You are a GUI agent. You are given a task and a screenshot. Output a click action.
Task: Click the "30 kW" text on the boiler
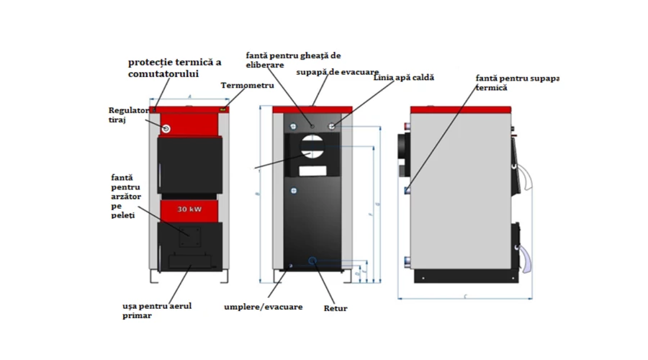tap(189, 209)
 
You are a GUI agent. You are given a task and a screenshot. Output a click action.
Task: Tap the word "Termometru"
tap(248, 86)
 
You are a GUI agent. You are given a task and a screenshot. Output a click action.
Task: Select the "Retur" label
tap(336, 308)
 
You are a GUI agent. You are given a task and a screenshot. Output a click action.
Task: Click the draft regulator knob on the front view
tap(166, 128)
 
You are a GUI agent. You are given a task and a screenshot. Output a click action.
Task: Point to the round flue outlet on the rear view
tap(312, 148)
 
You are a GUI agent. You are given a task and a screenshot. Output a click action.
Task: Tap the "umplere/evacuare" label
tap(263, 307)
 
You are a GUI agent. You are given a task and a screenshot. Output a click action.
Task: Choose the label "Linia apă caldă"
tap(404, 77)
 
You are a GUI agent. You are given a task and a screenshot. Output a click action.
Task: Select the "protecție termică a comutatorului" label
tap(174, 68)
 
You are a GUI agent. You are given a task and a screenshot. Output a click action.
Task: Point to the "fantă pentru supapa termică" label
tap(516, 82)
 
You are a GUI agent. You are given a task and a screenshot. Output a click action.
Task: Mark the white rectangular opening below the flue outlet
tap(312, 172)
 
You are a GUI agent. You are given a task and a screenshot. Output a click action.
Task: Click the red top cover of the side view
tap(461, 109)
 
